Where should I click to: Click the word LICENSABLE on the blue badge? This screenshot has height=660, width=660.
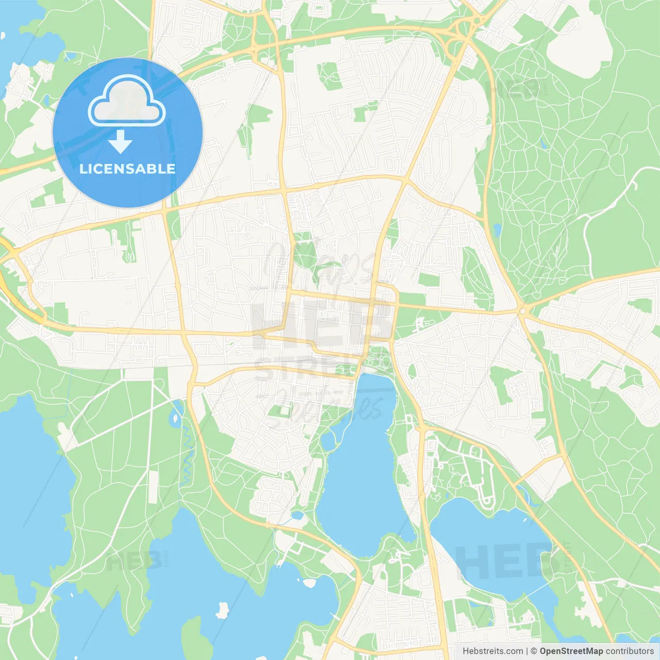coord(127,169)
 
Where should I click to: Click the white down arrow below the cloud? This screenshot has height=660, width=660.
coord(120,142)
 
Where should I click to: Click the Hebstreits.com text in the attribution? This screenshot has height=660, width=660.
coord(492,651)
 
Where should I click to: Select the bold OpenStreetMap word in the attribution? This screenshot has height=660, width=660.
coord(571,651)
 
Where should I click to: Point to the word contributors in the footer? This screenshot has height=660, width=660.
coord(630,651)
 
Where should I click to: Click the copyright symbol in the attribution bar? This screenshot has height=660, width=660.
coord(534,651)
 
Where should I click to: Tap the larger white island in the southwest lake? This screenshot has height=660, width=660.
coord(223,610)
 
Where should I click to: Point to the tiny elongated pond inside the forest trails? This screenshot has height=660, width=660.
coord(542,143)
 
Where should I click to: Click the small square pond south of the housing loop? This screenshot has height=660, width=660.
coord(297,515)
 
